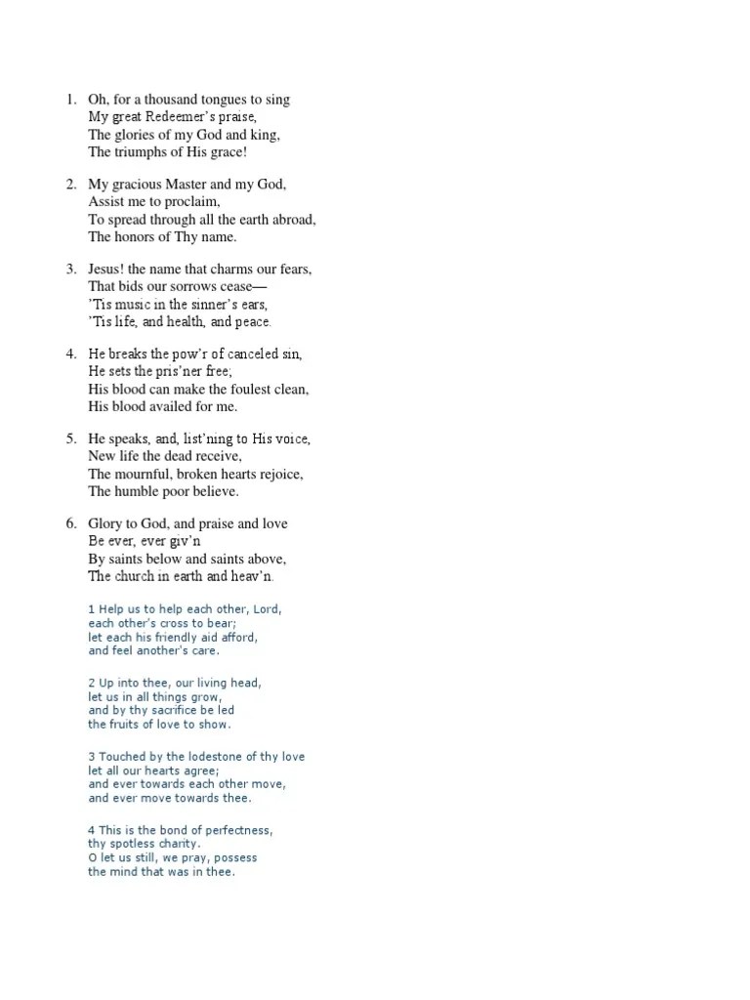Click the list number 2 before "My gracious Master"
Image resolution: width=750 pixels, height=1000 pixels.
click(71, 185)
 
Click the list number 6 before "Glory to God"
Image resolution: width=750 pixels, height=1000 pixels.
click(71, 524)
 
